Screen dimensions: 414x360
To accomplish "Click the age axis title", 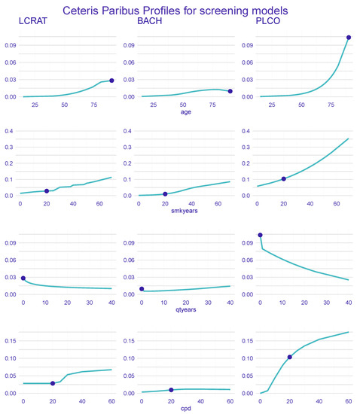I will [x=186, y=113].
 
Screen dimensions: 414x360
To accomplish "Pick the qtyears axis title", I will [x=186, y=311].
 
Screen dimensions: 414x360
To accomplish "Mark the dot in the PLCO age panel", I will [x=349, y=37].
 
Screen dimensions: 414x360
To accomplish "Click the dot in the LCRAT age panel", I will [x=111, y=81].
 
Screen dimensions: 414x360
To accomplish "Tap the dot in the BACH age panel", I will [x=230, y=91].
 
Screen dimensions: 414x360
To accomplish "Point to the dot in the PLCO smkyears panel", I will [x=284, y=178].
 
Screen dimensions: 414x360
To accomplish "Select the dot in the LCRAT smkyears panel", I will [x=47, y=191].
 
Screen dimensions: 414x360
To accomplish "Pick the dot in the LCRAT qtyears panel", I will [x=23, y=278].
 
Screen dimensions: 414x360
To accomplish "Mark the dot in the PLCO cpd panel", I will [x=290, y=357].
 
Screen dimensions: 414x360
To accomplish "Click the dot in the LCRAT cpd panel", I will [x=53, y=383].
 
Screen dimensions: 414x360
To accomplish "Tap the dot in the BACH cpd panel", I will [x=171, y=390].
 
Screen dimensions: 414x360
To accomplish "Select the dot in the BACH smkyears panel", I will [x=165, y=194].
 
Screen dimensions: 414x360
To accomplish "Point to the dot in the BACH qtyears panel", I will [x=142, y=288].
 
